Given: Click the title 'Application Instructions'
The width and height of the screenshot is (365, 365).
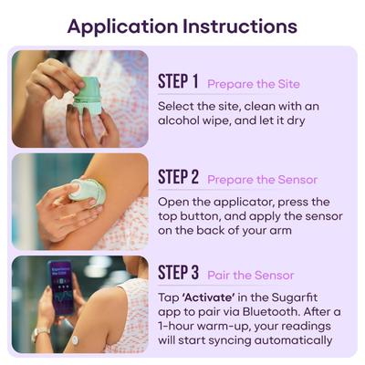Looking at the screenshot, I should point(182,25).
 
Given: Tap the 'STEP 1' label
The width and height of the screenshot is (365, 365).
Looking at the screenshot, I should point(178,82).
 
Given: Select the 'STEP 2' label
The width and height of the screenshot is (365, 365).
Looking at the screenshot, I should point(179,177).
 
